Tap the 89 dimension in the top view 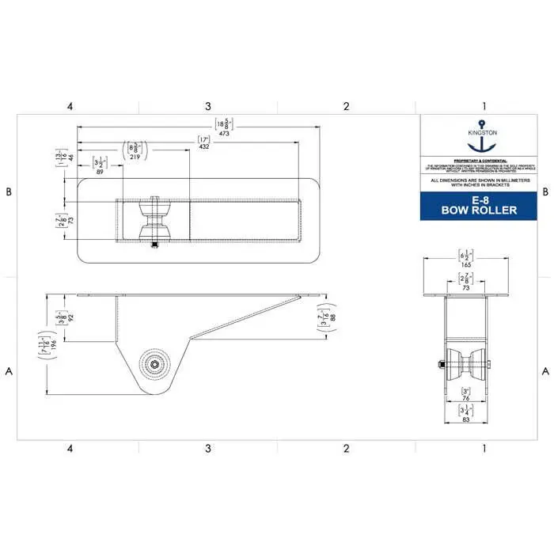pos(100,170)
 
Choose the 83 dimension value pos(465,419)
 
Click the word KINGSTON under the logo pos(482,132)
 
